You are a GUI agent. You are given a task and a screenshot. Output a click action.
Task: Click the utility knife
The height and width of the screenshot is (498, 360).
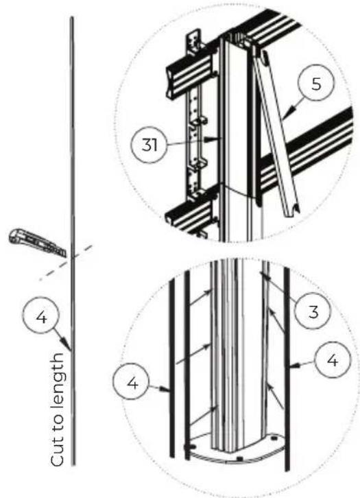38,242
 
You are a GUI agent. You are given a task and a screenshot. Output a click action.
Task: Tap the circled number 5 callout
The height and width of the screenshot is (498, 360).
316,84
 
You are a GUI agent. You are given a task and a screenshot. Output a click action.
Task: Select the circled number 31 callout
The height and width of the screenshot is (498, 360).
149,145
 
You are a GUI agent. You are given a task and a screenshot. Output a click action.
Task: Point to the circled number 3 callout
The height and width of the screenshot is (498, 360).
313,311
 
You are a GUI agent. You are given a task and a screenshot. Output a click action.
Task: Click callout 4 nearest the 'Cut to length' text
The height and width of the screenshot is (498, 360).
41,316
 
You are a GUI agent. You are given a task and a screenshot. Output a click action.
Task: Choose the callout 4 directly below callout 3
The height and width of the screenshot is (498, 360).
332,361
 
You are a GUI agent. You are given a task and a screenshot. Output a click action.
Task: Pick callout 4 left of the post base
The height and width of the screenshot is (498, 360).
132,382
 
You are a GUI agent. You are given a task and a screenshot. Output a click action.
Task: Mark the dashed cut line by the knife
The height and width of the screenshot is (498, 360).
66,262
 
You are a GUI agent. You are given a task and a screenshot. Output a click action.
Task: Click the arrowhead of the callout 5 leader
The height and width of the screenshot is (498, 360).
284,116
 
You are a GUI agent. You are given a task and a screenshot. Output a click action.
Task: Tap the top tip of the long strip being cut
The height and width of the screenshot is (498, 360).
72,17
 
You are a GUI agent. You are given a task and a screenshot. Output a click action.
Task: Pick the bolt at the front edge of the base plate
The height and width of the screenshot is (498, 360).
240,459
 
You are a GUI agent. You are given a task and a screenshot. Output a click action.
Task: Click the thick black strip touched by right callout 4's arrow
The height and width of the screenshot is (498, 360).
287,368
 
